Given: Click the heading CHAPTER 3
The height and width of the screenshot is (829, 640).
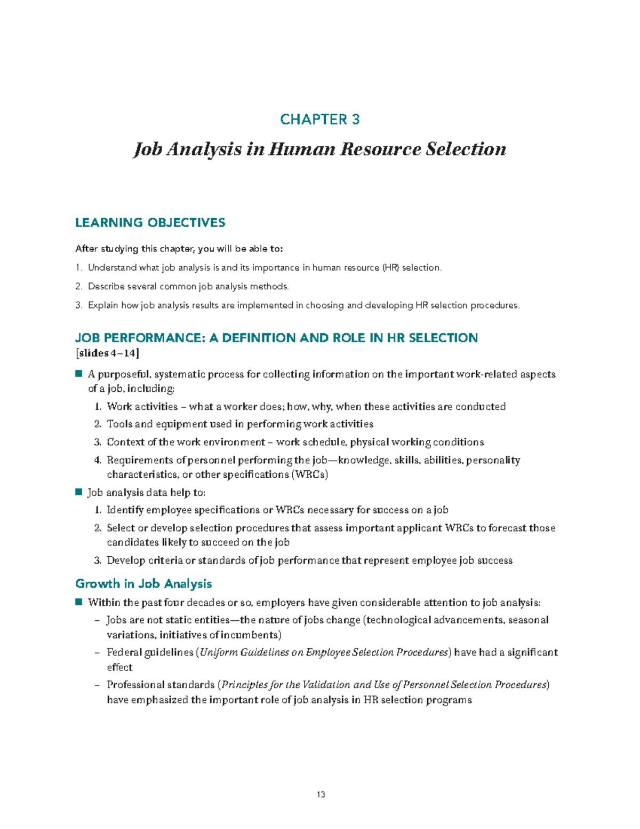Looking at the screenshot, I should pos(320,119).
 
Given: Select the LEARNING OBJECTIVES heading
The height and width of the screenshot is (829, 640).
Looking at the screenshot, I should pos(150,223).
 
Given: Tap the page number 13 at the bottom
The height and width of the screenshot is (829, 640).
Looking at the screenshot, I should pos(321,794).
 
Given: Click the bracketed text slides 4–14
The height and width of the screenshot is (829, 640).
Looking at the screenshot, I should pos(108,353).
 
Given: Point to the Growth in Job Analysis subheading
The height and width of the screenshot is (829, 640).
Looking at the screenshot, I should pos(143,583).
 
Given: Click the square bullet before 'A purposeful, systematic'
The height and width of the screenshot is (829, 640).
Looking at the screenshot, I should pos(79,374).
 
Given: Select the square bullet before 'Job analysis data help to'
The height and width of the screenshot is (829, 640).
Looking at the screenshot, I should pos(79,492).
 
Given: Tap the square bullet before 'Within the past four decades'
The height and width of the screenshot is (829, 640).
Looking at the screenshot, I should pos(79,602).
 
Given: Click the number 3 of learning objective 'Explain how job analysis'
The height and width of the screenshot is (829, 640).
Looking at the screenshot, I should pos(78,305).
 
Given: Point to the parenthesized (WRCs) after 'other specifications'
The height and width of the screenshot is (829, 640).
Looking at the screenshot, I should pos(309,475).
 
